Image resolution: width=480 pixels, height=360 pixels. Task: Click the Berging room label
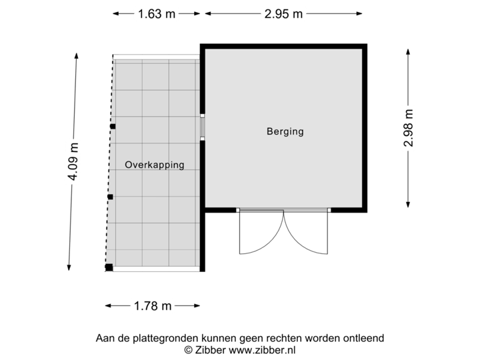click(285, 131)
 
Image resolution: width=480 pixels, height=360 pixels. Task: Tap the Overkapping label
click(154, 165)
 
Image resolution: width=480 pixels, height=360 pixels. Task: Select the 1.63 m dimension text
click(156, 13)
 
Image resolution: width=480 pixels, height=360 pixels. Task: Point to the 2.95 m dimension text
click(283, 13)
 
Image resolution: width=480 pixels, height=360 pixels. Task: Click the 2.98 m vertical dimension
click(407, 127)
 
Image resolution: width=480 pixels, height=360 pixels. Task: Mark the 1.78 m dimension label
click(153, 306)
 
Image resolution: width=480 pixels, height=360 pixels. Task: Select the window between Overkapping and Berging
click(202, 127)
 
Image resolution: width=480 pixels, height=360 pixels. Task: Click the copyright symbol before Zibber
click(189, 349)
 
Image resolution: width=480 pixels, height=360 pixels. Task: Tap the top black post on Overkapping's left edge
click(113, 126)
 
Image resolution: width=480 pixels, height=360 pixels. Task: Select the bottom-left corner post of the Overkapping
click(109, 268)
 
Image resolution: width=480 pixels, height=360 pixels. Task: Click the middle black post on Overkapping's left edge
click(111, 197)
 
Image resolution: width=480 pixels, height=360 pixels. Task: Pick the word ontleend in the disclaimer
click(363, 338)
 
